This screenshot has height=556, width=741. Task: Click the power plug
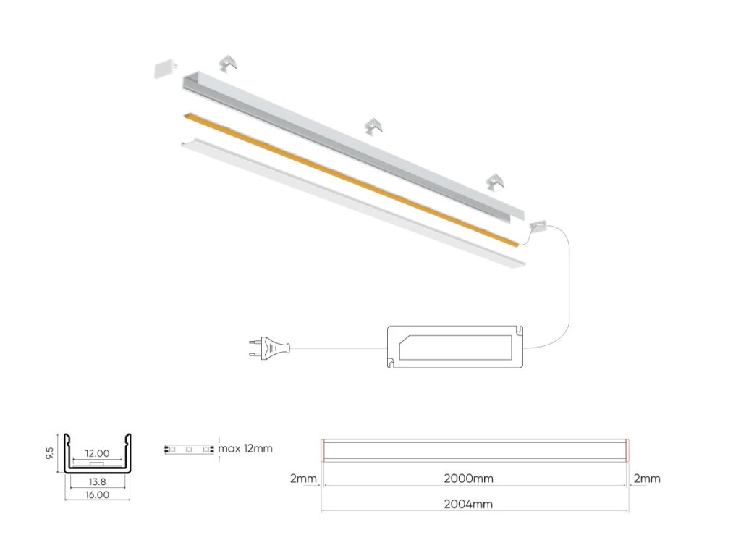pos(269,348)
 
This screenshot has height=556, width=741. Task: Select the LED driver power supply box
pos(455,347)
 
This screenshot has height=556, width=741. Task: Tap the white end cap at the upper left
pos(166,68)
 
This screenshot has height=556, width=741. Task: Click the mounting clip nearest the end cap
pos(229,64)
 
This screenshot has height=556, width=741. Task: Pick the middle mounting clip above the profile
pos(373,126)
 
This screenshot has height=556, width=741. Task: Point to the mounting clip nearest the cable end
pos(495,182)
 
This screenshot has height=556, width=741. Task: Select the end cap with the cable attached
pos(538,226)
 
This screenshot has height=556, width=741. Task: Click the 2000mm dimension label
pos(468,479)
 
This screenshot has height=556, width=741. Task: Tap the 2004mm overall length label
pos(468,504)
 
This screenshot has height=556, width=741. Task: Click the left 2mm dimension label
pos(303,479)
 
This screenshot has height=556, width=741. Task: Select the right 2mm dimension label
pos(646,479)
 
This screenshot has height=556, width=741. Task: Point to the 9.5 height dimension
pos(50,452)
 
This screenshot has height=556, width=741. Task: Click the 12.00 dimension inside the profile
pos(97,453)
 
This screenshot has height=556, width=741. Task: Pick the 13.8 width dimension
pos(97,481)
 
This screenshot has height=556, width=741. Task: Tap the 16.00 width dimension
pos(97,494)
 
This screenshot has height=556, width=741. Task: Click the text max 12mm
pos(245,448)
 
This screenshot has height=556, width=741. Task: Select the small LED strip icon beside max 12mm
pos(189,449)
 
